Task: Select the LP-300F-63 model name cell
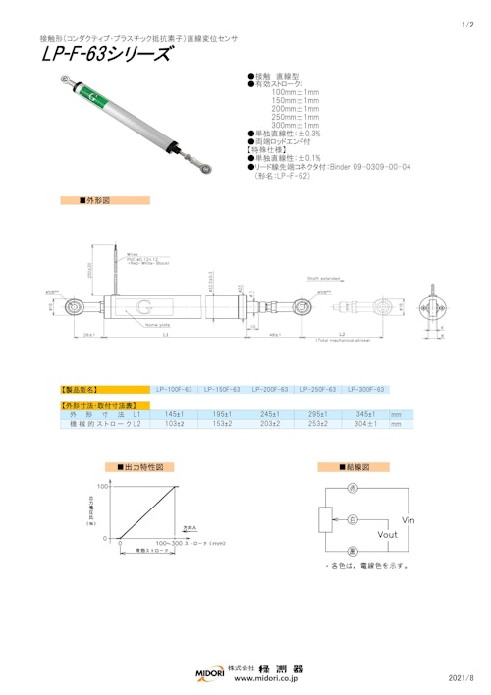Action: pyautogui.click(x=366, y=390)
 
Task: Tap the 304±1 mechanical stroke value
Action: pyautogui.click(x=366, y=424)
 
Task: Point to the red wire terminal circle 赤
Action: pyautogui.click(x=352, y=488)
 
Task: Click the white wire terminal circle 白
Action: pyautogui.click(x=352, y=518)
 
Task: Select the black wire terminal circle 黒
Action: pyautogui.click(x=352, y=552)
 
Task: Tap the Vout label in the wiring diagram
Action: pyautogui.click(x=388, y=535)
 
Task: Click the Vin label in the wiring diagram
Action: pyautogui.click(x=410, y=519)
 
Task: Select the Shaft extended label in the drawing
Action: pyautogui.click(x=321, y=278)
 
